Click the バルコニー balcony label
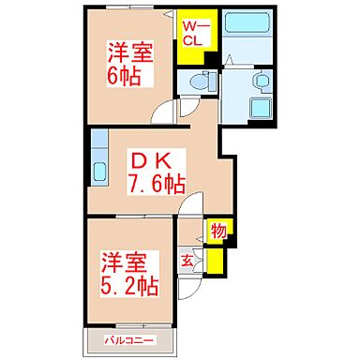coord(129,339)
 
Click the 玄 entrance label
coord(187,260)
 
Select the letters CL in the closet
coord(193,40)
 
